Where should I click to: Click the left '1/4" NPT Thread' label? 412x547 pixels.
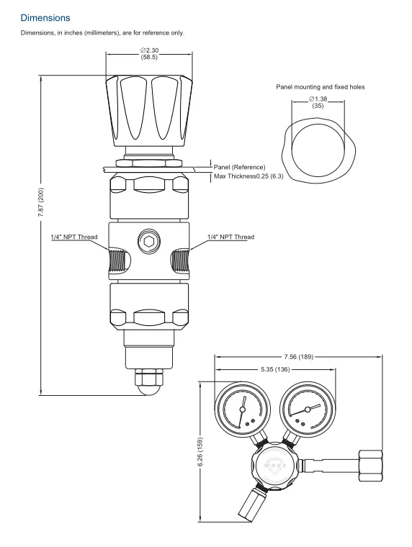(74, 236)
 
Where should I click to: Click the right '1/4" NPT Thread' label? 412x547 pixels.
(230, 236)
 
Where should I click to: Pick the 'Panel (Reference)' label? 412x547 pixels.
(239, 166)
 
